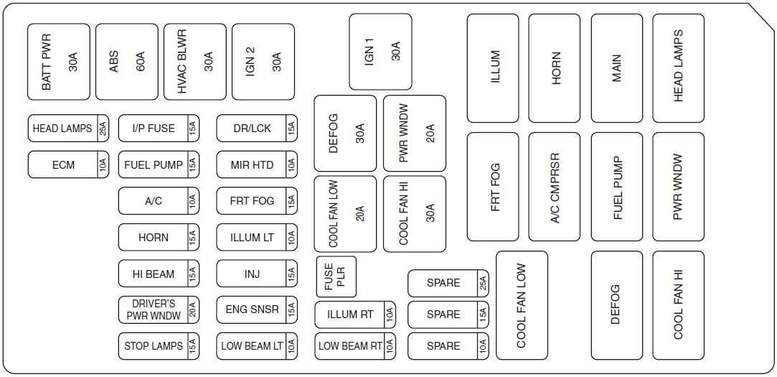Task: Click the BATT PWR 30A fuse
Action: click(x=59, y=62)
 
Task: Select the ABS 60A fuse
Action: click(x=127, y=62)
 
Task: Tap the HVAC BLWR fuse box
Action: click(x=195, y=62)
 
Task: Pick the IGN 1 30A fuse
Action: click(x=380, y=52)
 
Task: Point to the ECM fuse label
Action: click(x=63, y=164)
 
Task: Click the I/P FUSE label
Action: click(x=154, y=129)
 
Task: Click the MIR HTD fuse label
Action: click(x=252, y=164)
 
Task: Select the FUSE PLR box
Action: click(x=336, y=276)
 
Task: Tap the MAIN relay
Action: click(x=616, y=68)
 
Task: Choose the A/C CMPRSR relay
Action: click(x=555, y=187)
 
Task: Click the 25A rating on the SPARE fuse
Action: click(x=483, y=283)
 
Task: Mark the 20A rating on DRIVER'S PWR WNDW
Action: click(x=193, y=309)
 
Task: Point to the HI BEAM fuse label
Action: click(x=154, y=274)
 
